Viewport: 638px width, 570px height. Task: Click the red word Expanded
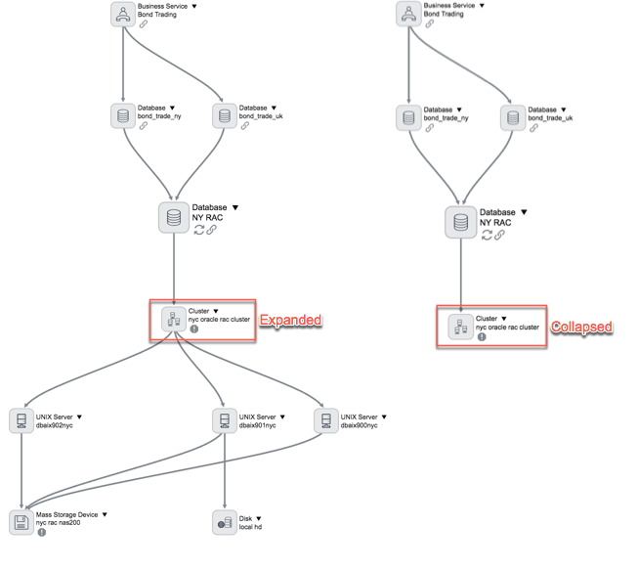pyautogui.click(x=290, y=320)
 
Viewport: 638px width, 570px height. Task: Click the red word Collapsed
pyautogui.click(x=581, y=327)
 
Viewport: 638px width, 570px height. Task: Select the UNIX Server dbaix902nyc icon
pyautogui.click(x=21, y=420)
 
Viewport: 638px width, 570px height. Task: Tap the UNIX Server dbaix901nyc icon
pyautogui.click(x=225, y=420)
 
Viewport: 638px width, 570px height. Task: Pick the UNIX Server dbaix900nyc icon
pyautogui.click(x=326, y=420)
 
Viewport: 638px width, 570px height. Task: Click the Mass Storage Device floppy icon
pyautogui.click(x=21, y=522)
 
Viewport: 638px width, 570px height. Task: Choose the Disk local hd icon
pyautogui.click(x=225, y=522)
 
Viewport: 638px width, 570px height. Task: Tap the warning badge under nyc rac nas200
pyautogui.click(x=41, y=532)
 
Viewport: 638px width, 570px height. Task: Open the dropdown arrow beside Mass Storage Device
pyautogui.click(x=105, y=514)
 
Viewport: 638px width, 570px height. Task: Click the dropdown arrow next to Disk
pyautogui.click(x=259, y=519)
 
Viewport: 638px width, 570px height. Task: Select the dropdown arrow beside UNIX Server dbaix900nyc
pyautogui.click(x=384, y=417)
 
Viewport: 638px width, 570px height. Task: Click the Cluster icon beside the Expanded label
pyautogui.click(x=174, y=319)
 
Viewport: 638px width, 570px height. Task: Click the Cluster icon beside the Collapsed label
pyautogui.click(x=460, y=327)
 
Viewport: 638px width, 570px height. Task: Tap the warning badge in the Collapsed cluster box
pyautogui.click(x=482, y=336)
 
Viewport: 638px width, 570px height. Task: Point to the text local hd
pyautogui.click(x=250, y=527)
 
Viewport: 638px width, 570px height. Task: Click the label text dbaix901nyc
pyautogui.click(x=258, y=425)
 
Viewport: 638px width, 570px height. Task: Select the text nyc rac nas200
pyautogui.click(x=59, y=523)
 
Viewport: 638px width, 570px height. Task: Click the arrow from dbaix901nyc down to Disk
pyautogui.click(x=225, y=470)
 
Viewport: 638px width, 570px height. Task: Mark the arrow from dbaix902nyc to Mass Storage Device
pyautogui.click(x=21, y=470)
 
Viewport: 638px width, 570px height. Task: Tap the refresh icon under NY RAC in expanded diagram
pyautogui.click(x=199, y=230)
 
